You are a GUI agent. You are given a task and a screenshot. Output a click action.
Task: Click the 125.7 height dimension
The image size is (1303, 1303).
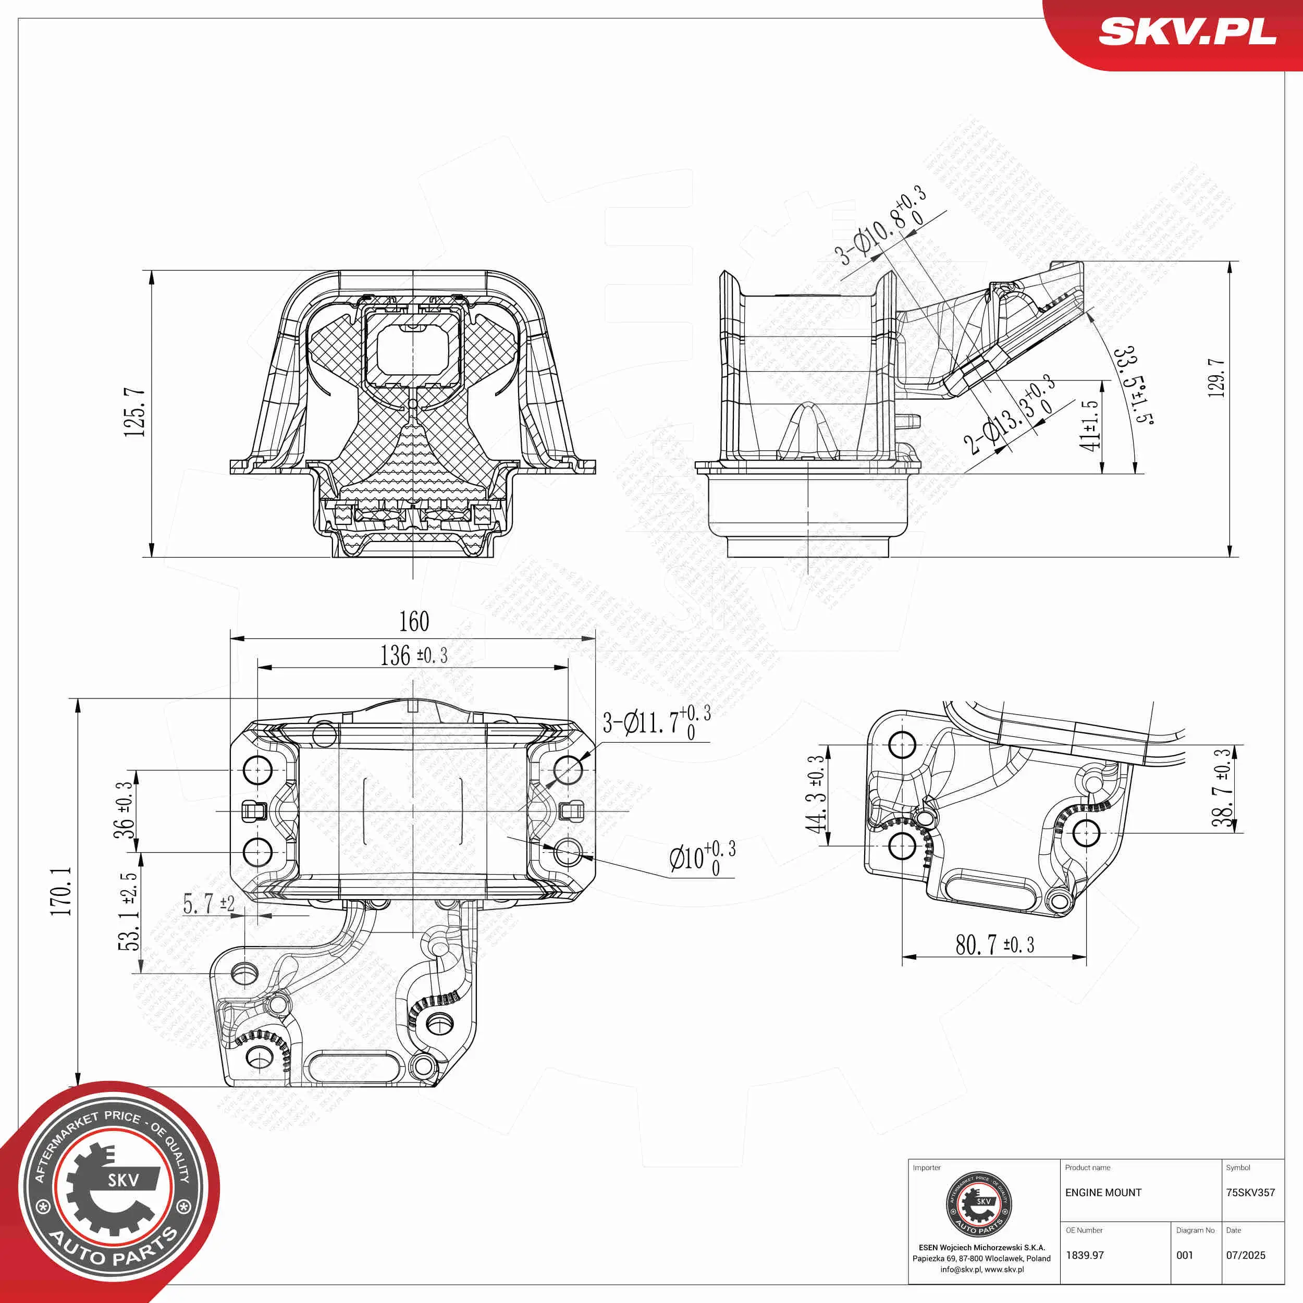[134, 412]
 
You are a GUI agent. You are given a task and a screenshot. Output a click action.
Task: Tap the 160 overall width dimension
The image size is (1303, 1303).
[413, 621]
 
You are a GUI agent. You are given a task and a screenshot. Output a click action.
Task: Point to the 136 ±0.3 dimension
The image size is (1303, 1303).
[413, 655]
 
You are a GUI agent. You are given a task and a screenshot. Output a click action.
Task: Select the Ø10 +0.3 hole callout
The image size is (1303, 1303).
[702, 858]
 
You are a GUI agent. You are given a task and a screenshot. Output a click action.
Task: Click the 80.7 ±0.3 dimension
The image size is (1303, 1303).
[994, 945]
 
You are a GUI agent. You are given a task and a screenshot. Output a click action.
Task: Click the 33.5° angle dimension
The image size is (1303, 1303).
[1134, 385]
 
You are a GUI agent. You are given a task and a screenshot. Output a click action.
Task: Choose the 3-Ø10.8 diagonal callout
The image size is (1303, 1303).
[880, 226]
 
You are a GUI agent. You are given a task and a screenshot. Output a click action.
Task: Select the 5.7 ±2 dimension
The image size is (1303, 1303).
[209, 904]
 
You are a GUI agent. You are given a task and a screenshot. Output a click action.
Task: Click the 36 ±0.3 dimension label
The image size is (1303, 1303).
[124, 810]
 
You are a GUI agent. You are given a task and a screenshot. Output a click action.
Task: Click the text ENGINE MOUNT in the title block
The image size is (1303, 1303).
[1103, 1193]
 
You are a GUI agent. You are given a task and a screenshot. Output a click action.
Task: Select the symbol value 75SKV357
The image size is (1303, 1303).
[1250, 1193]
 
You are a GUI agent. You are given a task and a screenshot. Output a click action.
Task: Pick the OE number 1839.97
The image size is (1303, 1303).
[1085, 1255]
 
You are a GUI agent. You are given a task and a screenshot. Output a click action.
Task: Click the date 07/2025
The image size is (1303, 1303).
[1245, 1255]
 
